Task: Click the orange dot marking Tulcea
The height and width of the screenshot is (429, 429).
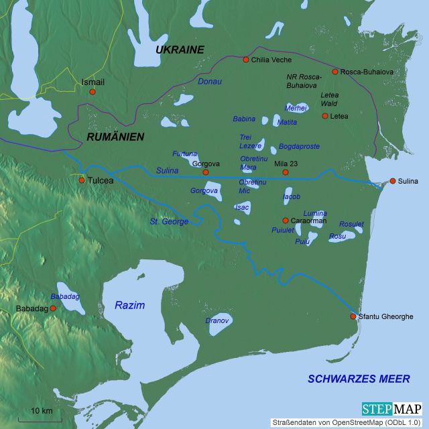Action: tap(82, 180)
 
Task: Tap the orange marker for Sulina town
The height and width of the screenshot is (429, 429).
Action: tap(393, 181)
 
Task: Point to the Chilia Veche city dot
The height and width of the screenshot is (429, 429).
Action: tap(246, 60)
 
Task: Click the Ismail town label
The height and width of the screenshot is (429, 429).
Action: tap(93, 82)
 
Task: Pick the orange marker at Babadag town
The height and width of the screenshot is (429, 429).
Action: tap(54, 308)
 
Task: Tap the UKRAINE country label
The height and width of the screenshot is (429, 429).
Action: tap(179, 50)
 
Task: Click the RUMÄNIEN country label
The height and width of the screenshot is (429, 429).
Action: tap(115, 136)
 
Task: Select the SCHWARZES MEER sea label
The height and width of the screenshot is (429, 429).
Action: tap(358, 379)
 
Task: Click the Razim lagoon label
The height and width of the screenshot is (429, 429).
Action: tap(129, 305)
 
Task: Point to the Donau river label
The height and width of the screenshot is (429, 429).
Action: tap(209, 81)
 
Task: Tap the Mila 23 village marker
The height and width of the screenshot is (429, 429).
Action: tap(285, 172)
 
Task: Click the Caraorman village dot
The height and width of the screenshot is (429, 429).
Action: tap(285, 220)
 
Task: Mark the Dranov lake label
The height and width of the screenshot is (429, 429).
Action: tap(217, 320)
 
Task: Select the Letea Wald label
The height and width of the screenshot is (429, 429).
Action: tap(330, 99)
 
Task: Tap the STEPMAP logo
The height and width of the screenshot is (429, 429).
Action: tap(391, 409)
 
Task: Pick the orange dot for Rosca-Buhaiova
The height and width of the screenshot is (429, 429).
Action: tap(335, 71)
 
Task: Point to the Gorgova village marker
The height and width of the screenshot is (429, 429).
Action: tap(196, 172)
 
